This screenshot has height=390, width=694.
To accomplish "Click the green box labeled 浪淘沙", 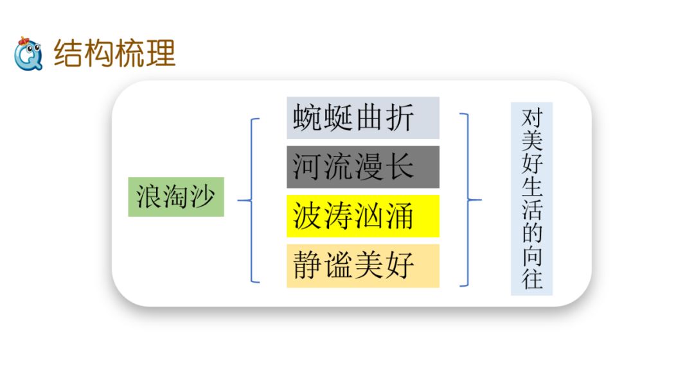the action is pos(176,197).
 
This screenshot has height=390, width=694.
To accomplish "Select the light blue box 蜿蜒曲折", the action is pos(362,118).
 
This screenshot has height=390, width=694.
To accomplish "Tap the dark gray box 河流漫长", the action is pos(362,167).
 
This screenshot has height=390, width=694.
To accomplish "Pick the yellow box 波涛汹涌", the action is pos(362,216).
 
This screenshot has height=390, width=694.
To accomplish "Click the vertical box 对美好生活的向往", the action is pos(531,199).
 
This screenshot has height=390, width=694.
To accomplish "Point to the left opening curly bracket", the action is pos(252,200).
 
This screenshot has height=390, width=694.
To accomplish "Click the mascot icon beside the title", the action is pos(28,53).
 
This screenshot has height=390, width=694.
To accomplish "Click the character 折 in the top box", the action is pos(400,118).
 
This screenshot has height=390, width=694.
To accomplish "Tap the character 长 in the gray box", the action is pos(400,167).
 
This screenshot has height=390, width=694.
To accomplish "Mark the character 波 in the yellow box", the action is pos(307,216).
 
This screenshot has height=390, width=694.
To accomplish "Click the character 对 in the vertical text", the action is pos(531,119).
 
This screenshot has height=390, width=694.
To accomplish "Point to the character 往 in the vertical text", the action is pos(531,280).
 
